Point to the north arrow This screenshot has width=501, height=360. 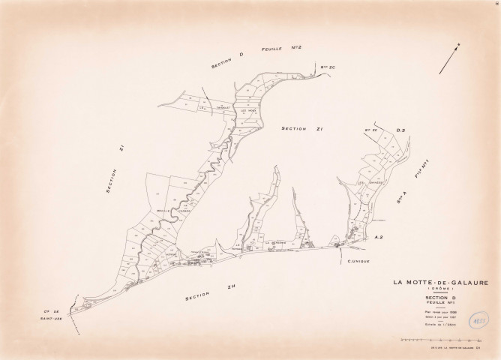[449, 59]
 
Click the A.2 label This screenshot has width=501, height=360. [379, 237]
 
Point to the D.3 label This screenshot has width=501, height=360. [400, 131]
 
